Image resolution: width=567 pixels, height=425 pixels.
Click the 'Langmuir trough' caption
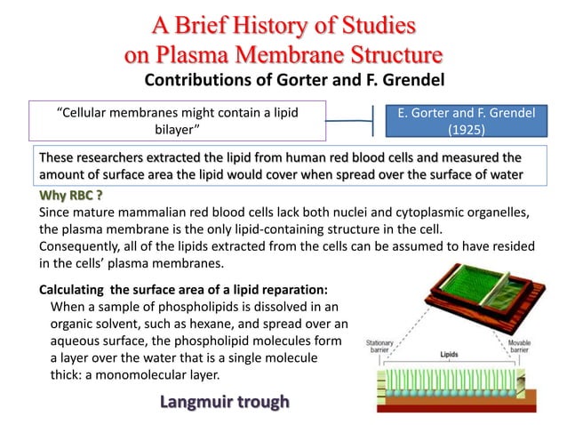[x=225, y=402]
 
